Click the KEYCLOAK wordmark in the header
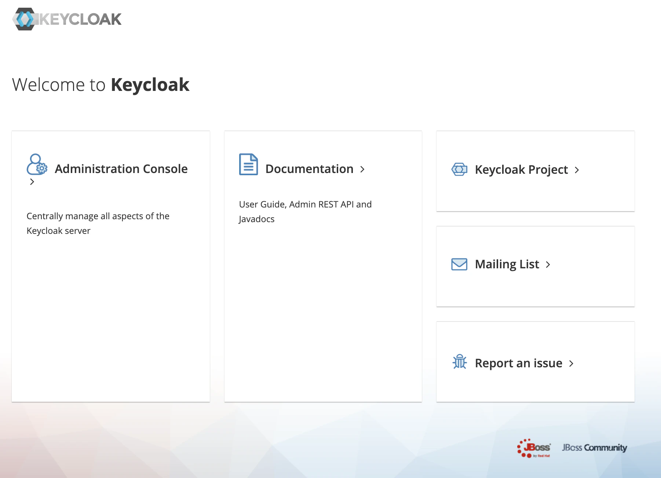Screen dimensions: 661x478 80,19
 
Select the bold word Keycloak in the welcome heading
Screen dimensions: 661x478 150,85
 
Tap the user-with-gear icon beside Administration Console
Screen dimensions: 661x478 37,164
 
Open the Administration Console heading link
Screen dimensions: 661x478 121,169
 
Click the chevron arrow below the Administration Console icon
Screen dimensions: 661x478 32,182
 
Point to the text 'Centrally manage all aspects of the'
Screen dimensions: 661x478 98,216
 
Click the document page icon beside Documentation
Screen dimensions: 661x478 248,164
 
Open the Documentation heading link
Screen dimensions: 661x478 309,169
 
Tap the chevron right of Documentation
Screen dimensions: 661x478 362,169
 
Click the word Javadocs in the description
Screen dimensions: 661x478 256,219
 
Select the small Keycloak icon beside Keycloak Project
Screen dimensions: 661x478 459,169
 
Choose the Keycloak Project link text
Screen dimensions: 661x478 521,170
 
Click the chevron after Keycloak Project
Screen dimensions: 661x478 577,170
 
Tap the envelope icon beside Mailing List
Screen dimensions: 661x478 459,264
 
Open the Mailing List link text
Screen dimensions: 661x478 507,264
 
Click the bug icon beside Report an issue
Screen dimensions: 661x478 460,362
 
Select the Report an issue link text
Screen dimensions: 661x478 519,363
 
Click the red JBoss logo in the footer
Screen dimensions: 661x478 534,448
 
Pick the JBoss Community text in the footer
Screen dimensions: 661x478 595,448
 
